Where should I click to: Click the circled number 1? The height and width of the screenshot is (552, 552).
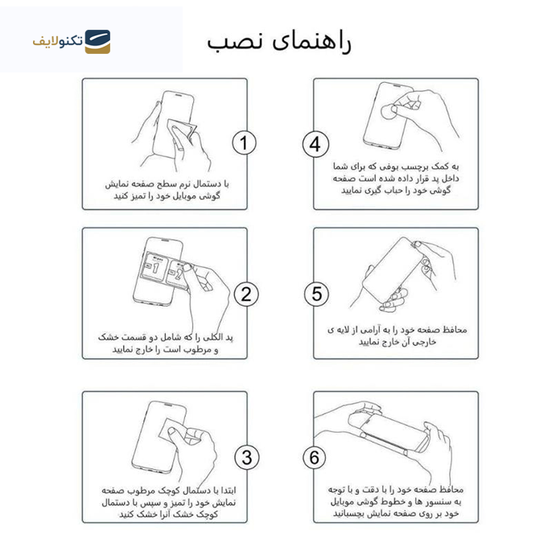(x=245, y=144)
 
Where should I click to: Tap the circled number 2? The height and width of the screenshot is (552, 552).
(x=245, y=295)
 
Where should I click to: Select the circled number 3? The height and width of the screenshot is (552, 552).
(x=246, y=458)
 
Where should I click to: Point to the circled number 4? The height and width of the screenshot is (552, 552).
(x=315, y=144)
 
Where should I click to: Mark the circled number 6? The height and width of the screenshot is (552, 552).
(x=315, y=458)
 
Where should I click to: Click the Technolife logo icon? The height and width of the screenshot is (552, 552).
(x=97, y=41)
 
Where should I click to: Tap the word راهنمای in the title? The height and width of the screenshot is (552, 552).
(x=315, y=41)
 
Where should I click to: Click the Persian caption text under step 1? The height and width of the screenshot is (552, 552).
(x=167, y=190)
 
